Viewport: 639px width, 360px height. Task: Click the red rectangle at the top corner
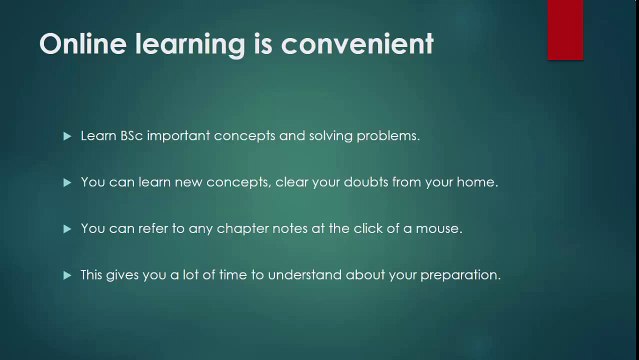(565, 29)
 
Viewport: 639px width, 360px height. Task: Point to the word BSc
(132, 136)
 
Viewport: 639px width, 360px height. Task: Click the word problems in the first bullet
(388, 136)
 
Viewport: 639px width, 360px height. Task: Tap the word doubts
(376, 182)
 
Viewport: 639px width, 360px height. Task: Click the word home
(477, 182)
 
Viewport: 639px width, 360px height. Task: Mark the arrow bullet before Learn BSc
(67, 136)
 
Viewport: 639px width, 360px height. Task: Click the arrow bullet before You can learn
(67, 182)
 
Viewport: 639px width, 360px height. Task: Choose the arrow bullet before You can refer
(67, 228)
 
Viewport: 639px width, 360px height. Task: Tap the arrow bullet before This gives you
(67, 274)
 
